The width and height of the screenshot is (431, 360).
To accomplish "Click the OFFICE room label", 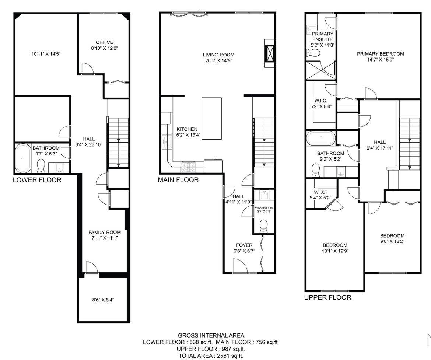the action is point(104,42).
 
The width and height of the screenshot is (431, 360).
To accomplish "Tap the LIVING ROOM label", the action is point(218,55).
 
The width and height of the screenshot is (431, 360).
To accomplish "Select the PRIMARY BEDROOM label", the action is point(381,54).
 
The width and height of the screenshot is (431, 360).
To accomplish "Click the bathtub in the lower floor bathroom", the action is point(23,158).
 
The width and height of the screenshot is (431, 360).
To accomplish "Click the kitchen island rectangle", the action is point(212,119).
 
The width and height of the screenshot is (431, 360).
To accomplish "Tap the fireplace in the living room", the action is point(269,53).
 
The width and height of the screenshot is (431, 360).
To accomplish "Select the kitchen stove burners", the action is point(188,167).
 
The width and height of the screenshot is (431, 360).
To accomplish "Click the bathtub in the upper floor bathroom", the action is point(321,138).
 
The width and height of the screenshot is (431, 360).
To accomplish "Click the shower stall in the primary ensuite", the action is point(320,70).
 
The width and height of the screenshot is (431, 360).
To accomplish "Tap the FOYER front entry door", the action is point(238,265).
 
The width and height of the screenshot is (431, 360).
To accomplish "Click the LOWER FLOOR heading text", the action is point(37,180).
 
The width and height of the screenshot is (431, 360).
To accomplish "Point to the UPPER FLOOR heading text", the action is point(327,297).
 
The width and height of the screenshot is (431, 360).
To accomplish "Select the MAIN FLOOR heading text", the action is point(178,180).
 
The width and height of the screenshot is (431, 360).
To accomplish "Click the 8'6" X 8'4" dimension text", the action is point(103,300).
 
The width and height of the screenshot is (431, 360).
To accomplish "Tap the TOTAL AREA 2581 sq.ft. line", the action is point(211,356).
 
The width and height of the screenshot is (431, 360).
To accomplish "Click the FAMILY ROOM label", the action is point(105,233).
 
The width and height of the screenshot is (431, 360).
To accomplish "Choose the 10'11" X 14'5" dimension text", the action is point(46,54).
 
